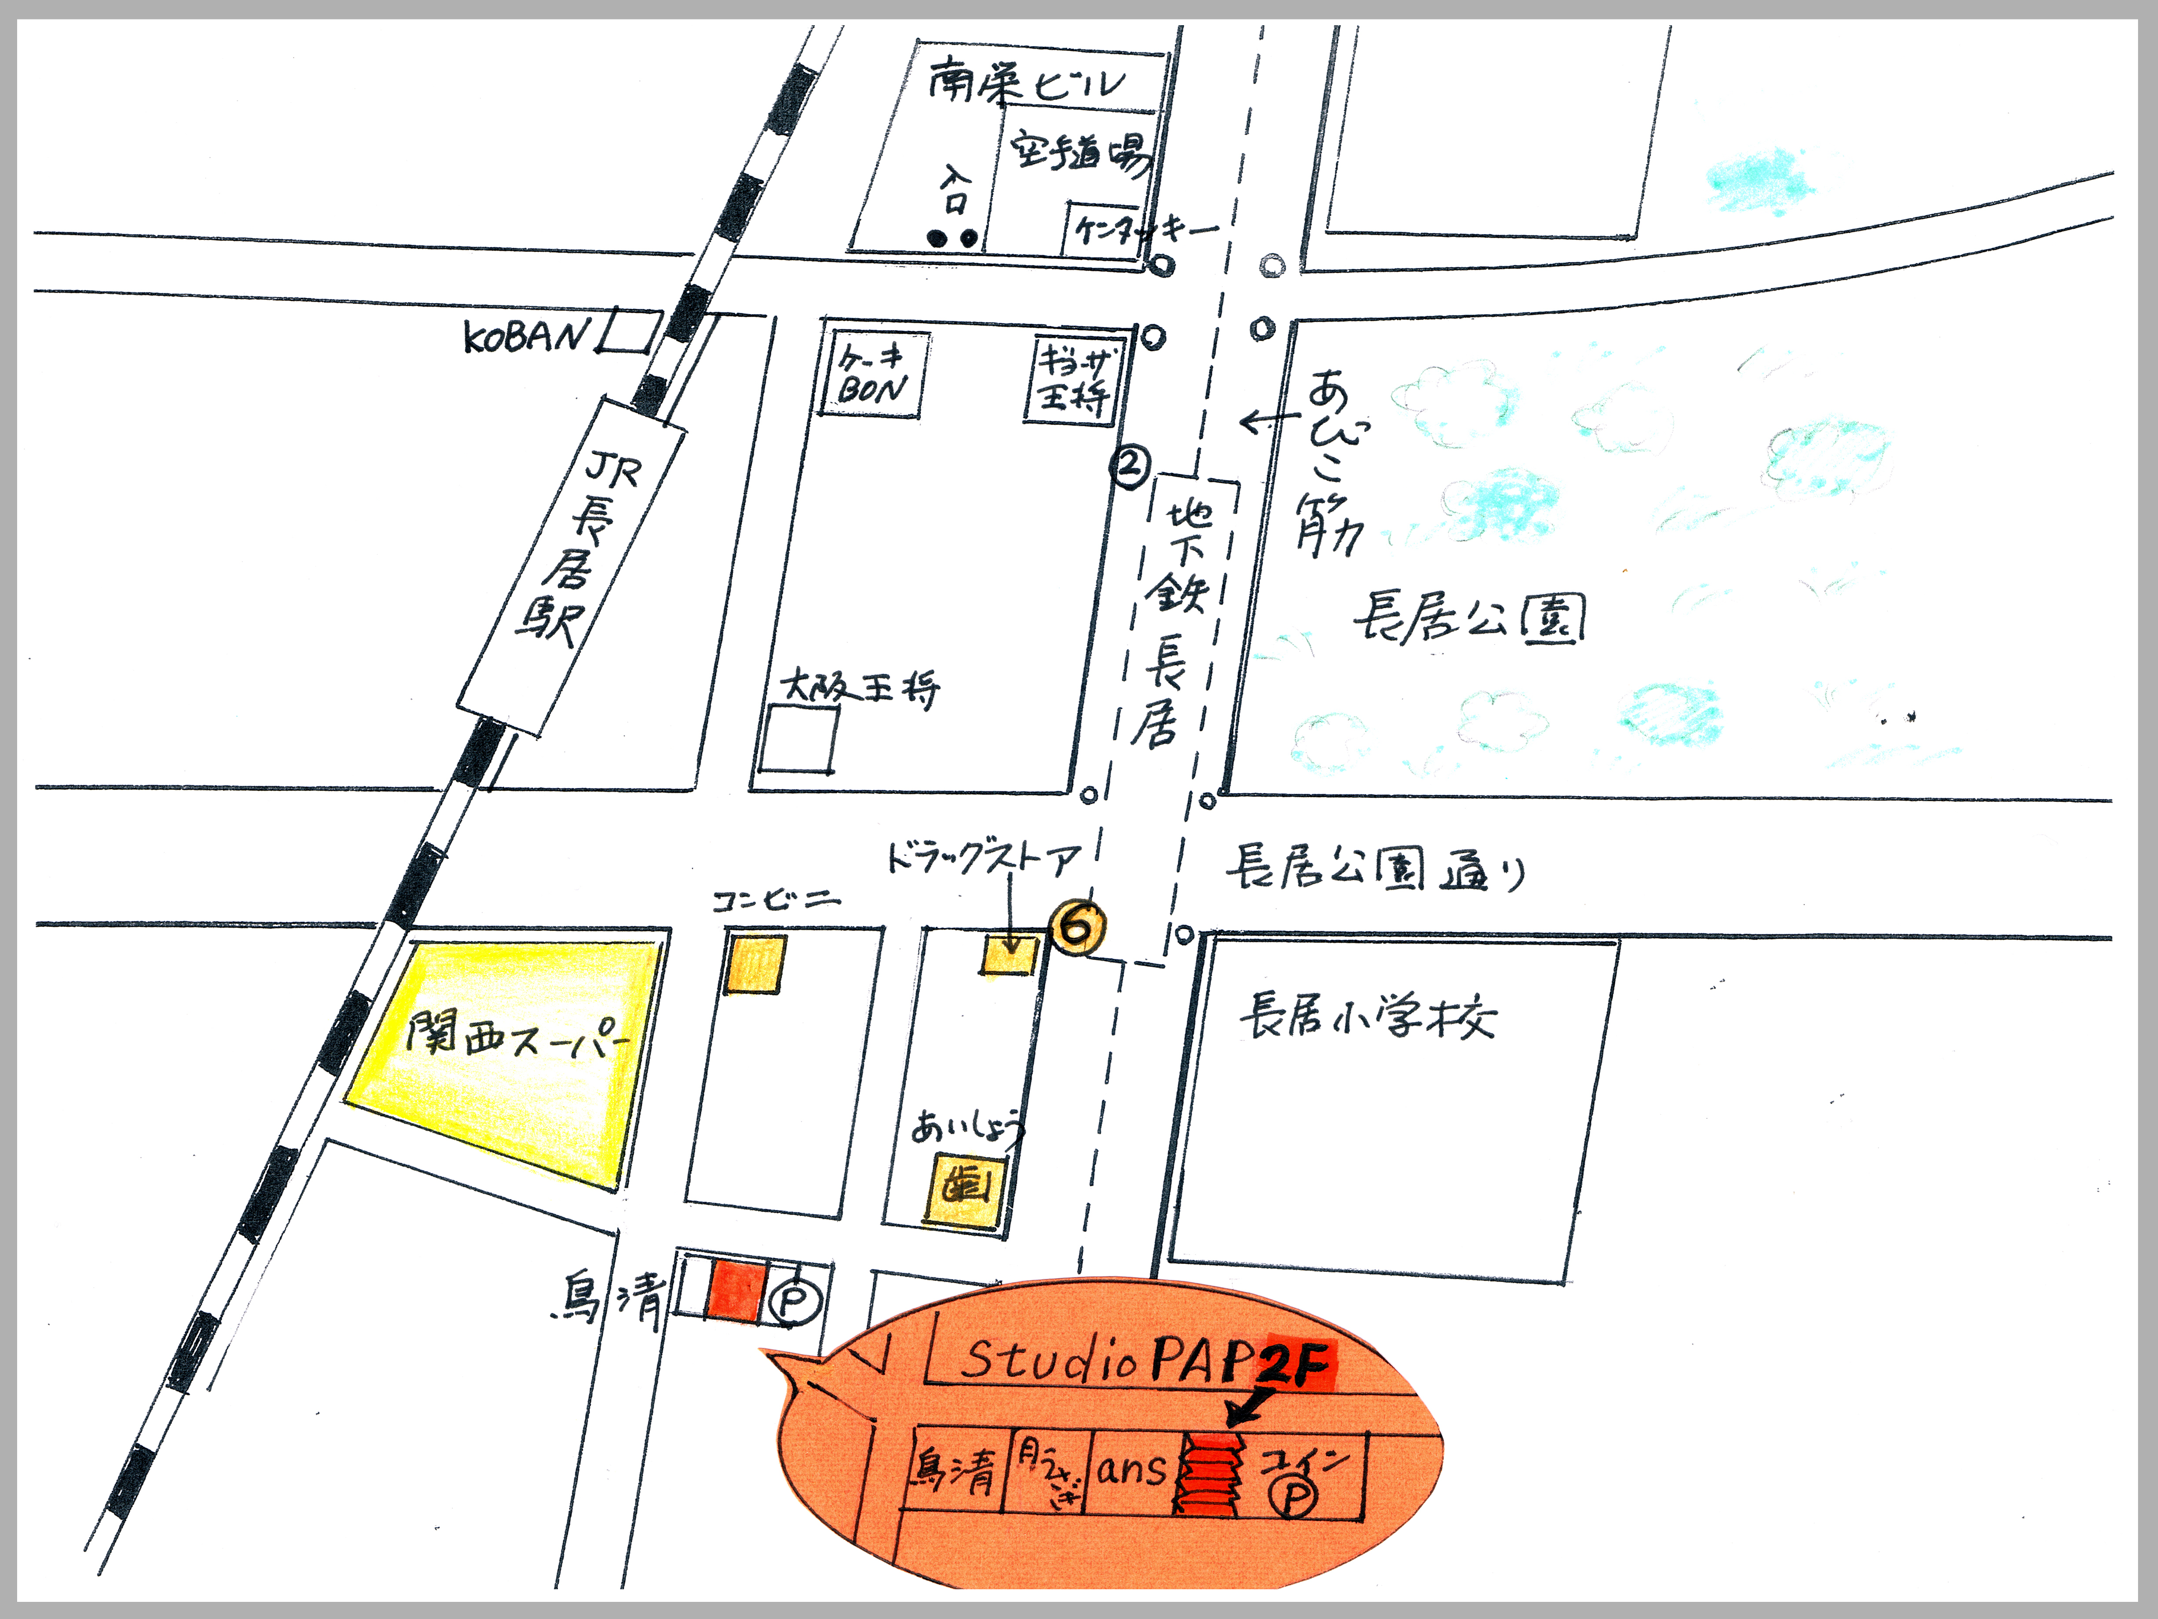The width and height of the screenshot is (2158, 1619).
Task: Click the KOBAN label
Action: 527,337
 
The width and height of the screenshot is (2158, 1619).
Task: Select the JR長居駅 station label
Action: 581,552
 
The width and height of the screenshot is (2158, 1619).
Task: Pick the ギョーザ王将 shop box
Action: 1073,380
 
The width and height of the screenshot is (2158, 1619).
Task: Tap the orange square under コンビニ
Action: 754,964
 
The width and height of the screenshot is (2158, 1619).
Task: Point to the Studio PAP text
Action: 1108,1359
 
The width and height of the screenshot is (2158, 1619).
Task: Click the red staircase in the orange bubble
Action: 1210,1473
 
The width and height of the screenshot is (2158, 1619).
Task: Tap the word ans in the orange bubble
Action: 1132,1469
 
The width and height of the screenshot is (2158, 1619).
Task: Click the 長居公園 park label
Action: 1468,618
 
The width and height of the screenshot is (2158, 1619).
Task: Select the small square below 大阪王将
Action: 798,739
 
